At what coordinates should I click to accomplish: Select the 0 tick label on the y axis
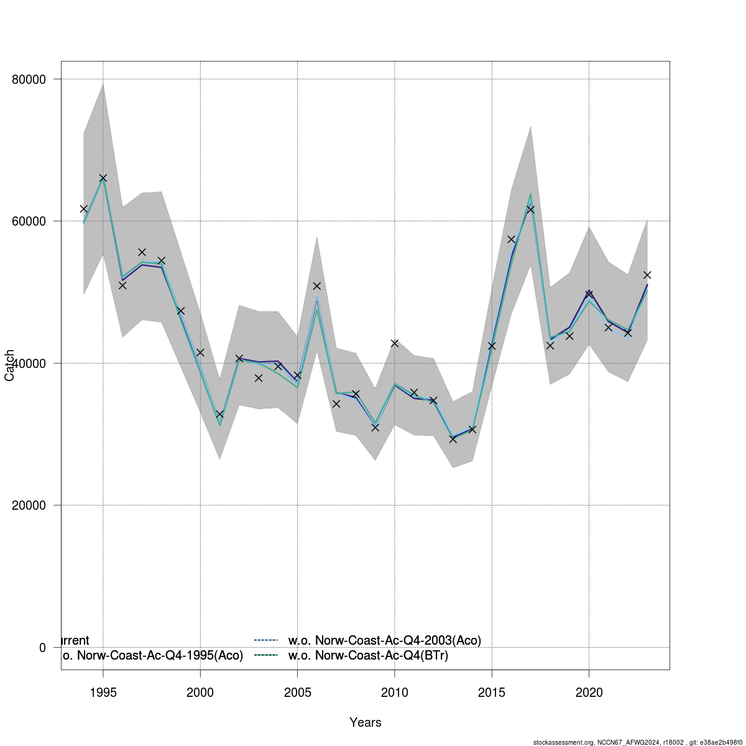(x=42, y=648)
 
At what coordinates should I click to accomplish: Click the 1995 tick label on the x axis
(x=103, y=693)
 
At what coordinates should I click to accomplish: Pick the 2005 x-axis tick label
(x=297, y=693)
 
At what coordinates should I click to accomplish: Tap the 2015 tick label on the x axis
(x=492, y=693)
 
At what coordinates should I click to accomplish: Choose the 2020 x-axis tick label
(x=589, y=693)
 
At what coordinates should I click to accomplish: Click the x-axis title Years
(x=366, y=722)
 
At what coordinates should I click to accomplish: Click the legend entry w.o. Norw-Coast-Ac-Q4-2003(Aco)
(x=384, y=640)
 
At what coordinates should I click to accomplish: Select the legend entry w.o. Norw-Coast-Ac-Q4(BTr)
(x=368, y=655)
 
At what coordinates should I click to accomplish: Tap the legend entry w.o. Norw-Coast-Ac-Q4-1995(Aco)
(x=152, y=655)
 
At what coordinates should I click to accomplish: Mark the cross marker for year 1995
(x=103, y=178)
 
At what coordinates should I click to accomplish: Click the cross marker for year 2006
(x=316, y=286)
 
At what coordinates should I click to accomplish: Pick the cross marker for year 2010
(x=395, y=343)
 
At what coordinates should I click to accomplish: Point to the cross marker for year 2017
(x=531, y=210)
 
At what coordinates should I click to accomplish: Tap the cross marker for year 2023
(x=647, y=275)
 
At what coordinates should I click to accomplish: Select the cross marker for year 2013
(x=453, y=439)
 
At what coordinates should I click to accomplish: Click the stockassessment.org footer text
(x=637, y=742)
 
